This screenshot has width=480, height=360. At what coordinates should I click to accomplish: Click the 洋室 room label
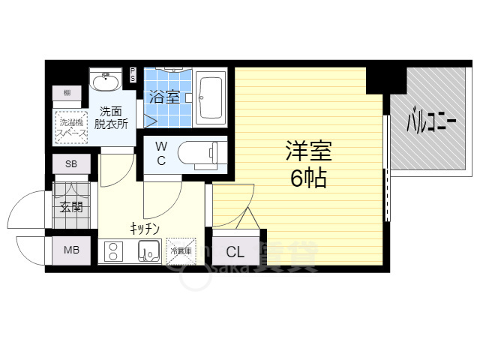[x=308, y=151]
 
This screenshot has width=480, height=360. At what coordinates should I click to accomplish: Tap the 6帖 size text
[x=308, y=178]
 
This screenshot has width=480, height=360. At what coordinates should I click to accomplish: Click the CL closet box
[x=235, y=252]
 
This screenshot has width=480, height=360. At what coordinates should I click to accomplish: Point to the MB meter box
[x=70, y=250]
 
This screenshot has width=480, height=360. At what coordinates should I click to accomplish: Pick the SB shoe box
[x=70, y=163]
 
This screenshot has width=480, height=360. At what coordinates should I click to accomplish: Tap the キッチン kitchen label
[x=142, y=227]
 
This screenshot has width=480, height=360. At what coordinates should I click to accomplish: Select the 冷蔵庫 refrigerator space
[x=180, y=250]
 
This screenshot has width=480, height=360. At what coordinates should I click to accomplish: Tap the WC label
[x=162, y=154]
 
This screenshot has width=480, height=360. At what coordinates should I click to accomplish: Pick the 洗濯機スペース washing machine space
[x=70, y=125]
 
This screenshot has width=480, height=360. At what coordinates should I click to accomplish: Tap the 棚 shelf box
[x=67, y=93]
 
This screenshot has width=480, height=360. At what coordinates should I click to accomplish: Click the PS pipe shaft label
[x=133, y=74]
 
